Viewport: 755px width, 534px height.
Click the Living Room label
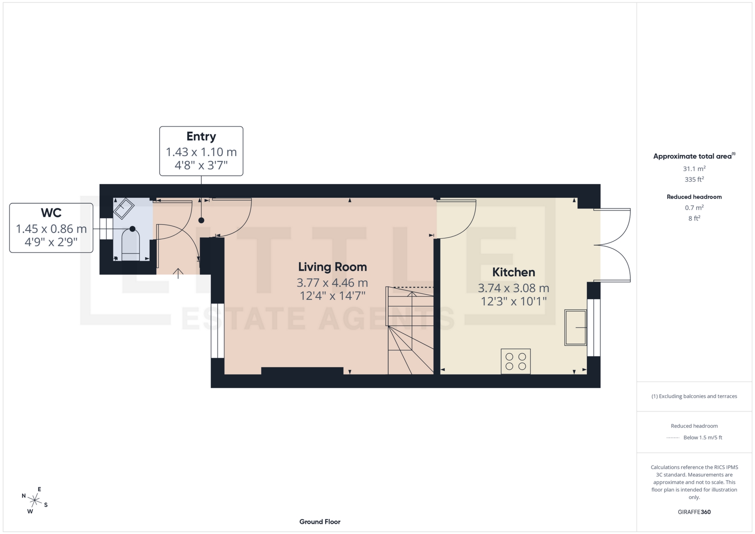point(332,267)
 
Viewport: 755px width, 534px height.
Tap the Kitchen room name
point(513,272)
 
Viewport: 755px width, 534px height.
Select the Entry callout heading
point(201,136)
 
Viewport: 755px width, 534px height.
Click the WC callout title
point(51,213)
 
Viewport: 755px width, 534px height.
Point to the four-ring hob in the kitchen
point(516,361)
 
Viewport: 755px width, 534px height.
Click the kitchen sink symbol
point(575,328)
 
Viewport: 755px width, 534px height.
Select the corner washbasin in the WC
point(123,208)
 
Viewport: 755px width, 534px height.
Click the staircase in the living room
point(411,330)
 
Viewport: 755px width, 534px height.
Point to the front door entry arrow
point(178,273)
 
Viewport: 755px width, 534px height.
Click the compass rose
point(35,501)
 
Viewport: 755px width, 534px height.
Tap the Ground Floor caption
point(320,522)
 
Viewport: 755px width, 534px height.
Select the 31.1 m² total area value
point(694,169)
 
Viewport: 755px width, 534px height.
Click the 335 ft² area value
point(694,179)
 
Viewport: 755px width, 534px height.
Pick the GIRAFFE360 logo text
point(694,512)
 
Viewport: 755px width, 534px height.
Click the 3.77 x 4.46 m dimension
point(332,283)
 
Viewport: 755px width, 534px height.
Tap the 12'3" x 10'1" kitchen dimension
point(513,302)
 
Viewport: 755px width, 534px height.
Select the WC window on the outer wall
point(106,229)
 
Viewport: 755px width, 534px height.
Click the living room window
point(217,330)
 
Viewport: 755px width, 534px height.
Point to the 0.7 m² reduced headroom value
point(694,208)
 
